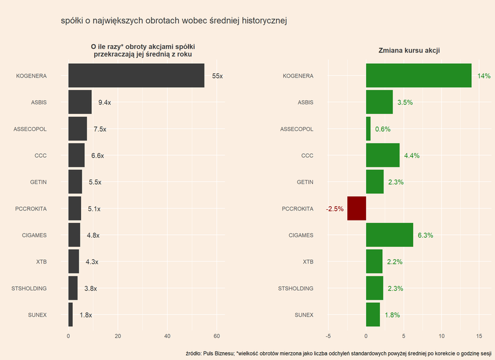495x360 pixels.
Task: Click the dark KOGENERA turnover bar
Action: coord(136,76)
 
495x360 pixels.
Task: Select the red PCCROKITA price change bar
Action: coord(357,209)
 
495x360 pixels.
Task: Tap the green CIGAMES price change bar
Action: coord(389,235)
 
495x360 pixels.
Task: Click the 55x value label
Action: coord(217,76)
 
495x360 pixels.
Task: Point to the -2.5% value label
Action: coord(335,209)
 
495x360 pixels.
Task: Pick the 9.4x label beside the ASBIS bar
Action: coord(104,103)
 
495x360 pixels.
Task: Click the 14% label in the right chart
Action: coord(484,76)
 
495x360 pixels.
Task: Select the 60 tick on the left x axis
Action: coord(216,336)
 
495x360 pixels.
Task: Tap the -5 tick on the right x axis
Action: coord(329,336)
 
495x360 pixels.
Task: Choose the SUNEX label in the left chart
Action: coord(37,315)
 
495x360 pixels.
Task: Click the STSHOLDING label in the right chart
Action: coord(296,288)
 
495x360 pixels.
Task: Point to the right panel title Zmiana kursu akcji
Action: coord(409,51)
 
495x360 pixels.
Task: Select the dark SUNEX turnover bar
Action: coord(70,315)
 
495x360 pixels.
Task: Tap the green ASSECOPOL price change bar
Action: coord(368,129)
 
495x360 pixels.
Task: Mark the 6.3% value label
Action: coord(425,235)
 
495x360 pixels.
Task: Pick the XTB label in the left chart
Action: coord(41,262)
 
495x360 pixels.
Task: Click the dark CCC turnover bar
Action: coord(76,156)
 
